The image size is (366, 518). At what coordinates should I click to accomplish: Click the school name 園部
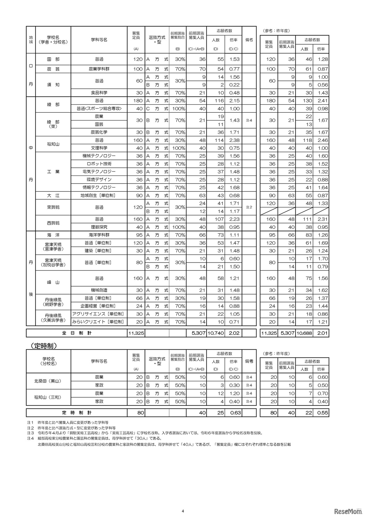[53, 59]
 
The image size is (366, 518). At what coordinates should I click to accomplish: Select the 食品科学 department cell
[99, 93]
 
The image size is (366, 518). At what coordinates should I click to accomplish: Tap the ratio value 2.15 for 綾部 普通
[234, 101]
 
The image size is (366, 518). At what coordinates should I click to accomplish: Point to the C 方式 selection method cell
[157, 109]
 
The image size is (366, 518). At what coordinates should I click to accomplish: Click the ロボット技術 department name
[99, 164]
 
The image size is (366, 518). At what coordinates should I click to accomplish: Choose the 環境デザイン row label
[99, 179]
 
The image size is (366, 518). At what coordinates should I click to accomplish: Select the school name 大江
[53, 195]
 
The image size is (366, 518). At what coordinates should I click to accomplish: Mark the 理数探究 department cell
[99, 227]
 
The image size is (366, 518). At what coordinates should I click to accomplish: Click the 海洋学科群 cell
[99, 235]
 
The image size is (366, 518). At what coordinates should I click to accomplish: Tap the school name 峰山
[53, 282]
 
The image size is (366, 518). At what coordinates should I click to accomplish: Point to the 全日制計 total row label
[77, 333]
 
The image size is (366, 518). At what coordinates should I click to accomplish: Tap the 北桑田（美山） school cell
[48, 381]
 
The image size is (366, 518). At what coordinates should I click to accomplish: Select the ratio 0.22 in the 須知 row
[234, 85]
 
